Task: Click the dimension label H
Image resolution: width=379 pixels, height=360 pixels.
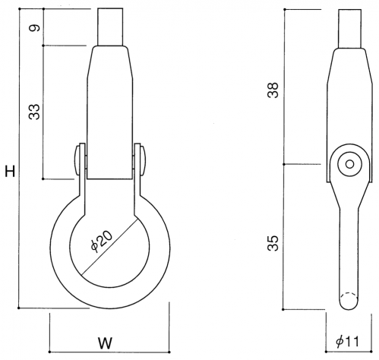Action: coord(11,171)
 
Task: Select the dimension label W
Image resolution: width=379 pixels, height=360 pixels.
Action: coord(106,343)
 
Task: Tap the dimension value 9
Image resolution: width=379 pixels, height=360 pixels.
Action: coord(35,27)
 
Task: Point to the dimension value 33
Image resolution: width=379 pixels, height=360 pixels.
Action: coord(34,112)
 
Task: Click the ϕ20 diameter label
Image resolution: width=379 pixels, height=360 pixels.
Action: coord(102,242)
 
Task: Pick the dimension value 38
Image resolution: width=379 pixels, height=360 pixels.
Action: coord(273,90)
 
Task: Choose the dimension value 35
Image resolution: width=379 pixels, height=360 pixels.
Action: coord(273,243)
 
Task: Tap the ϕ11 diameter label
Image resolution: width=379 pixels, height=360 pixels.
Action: coord(347,342)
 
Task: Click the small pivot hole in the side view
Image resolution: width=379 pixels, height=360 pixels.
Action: coord(350,164)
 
